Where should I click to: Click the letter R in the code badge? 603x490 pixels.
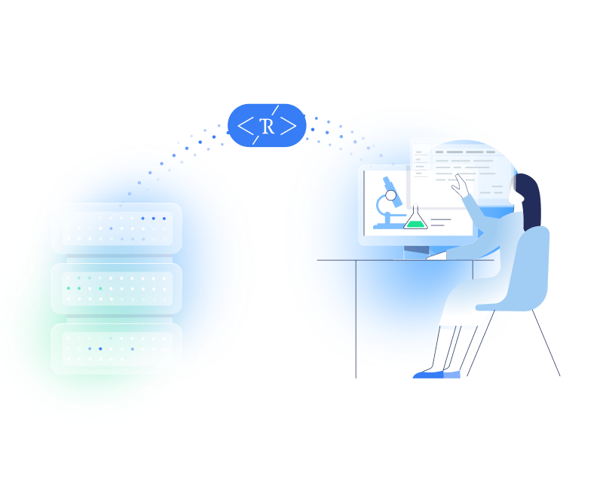tap(267, 126)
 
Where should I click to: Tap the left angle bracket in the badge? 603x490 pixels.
tap(246, 126)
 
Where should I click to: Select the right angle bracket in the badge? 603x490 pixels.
tap(289, 126)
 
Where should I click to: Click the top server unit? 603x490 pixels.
tap(116, 228)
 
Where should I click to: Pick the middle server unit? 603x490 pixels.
tap(116, 288)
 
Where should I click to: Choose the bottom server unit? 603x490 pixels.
tap(116, 348)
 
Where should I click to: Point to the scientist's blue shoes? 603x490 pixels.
tap(437, 373)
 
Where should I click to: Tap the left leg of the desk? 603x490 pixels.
tap(356, 317)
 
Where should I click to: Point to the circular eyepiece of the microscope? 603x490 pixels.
tap(391, 195)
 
